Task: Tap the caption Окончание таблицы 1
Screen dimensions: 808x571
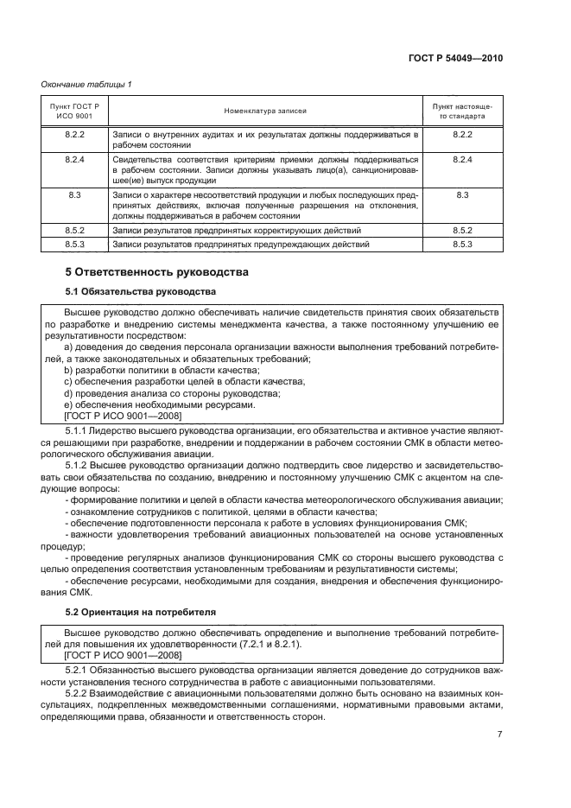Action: [x=85, y=84]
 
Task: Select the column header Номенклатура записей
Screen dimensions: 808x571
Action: [x=266, y=111]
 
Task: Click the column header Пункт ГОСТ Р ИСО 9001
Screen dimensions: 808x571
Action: [x=74, y=111]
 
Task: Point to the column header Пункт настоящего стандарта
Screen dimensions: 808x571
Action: [x=462, y=111]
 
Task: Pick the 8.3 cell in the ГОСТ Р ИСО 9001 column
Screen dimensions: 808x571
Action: [x=74, y=196]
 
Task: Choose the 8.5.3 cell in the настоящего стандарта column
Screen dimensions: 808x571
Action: [x=462, y=245]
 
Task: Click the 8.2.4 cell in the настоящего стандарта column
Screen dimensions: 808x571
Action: [x=462, y=160]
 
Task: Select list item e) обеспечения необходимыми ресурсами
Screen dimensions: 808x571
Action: [x=160, y=404]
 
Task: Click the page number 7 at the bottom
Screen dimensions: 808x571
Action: [x=499, y=735]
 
